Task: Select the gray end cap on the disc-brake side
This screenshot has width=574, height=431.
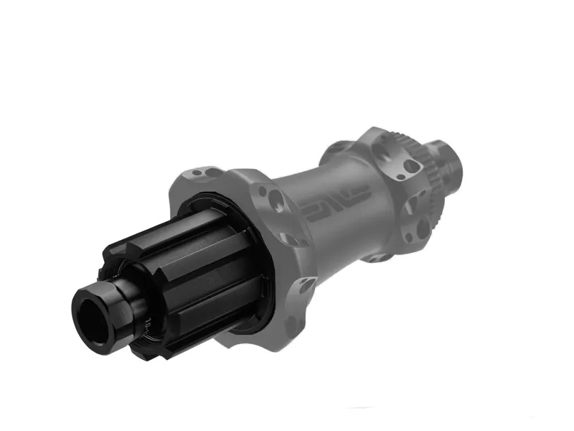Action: point(448,162)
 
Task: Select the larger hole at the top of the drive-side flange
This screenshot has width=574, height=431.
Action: point(216,172)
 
